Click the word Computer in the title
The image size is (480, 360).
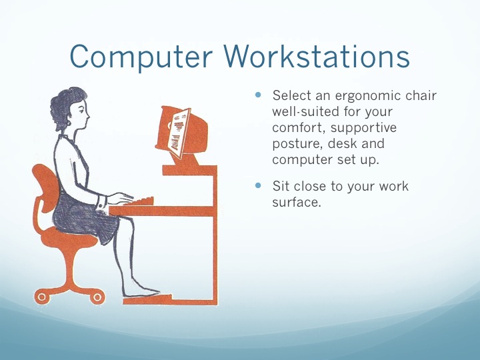pos(141,57)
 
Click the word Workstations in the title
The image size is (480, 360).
pos(317,56)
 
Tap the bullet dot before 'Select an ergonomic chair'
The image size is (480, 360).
pos(259,95)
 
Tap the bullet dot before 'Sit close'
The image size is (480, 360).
pos(259,185)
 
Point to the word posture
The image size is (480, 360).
pos(297,144)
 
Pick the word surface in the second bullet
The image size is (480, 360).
pos(296,203)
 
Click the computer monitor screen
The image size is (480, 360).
pos(179,133)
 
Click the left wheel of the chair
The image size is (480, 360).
pos(41,297)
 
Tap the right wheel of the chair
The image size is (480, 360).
pos(97,297)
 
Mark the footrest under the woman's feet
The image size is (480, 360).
pos(147,299)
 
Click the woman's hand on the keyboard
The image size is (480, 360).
pos(120,198)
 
